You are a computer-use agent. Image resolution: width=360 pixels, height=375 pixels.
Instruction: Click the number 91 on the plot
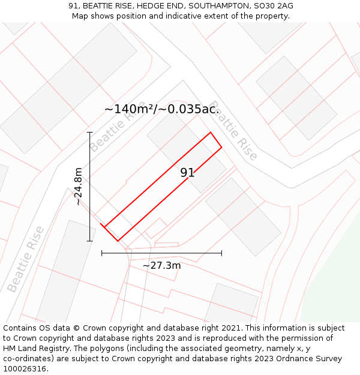(187, 173)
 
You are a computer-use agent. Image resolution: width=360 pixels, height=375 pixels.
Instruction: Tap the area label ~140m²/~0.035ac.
(161, 109)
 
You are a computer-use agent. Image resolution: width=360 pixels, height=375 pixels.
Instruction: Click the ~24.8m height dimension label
(79, 187)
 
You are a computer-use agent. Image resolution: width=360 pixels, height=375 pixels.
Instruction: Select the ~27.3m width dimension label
(161, 265)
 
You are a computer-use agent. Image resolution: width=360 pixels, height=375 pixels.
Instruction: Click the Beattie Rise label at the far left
(25, 259)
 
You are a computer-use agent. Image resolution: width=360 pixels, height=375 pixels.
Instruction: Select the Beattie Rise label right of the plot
(234, 130)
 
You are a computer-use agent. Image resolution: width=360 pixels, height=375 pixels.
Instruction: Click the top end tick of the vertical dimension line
(89, 132)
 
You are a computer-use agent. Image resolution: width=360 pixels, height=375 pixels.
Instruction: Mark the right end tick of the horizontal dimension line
(221, 253)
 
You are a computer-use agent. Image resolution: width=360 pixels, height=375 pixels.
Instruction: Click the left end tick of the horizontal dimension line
(102, 253)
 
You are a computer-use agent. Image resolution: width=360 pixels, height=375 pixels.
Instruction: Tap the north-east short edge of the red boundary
(216, 139)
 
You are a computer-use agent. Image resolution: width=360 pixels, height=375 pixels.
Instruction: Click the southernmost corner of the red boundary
(118, 241)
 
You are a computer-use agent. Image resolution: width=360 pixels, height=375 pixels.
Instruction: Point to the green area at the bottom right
(336, 282)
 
